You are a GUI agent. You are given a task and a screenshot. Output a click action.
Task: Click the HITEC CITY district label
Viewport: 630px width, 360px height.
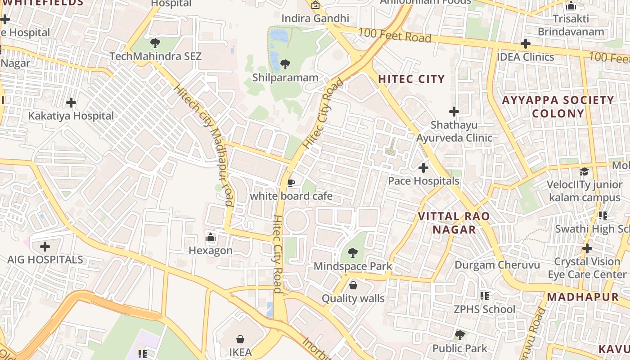(411, 79)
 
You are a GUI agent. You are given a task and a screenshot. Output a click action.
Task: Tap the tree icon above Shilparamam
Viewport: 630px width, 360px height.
(285, 64)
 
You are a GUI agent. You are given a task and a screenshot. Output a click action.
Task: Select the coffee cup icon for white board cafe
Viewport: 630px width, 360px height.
(291, 183)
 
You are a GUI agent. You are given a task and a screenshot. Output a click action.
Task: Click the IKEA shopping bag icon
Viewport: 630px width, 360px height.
(240, 339)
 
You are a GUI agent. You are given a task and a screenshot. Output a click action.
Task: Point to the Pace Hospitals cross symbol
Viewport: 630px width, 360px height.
(423, 168)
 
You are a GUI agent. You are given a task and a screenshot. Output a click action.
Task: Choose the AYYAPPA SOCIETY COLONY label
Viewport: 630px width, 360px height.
(558, 107)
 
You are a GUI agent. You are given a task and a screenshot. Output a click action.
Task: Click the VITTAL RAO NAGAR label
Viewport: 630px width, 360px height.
(454, 223)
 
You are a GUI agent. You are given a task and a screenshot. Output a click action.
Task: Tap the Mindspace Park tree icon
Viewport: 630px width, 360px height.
(353, 253)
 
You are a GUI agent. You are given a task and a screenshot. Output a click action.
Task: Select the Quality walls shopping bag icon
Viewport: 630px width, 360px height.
(353, 285)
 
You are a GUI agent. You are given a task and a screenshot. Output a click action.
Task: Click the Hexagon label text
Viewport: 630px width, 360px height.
(210, 251)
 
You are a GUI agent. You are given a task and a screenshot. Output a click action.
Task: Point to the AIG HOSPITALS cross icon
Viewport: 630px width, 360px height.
(45, 247)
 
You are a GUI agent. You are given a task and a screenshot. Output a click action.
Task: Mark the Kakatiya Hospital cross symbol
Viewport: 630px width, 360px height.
(71, 103)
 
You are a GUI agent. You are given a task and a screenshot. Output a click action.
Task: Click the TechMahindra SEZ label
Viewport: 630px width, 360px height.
(155, 57)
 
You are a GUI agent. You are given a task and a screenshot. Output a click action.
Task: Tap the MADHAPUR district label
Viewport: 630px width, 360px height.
(583, 297)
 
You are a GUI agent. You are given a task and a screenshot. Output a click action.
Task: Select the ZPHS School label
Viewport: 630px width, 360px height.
(484, 310)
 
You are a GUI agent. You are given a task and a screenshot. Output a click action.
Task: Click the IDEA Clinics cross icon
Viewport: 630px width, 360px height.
(525, 44)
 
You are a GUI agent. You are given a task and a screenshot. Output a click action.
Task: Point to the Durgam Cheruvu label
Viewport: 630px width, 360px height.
(497, 265)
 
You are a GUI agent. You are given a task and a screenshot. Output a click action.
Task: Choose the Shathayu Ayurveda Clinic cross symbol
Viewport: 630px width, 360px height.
(454, 111)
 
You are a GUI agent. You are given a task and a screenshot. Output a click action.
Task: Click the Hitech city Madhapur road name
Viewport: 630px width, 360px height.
(205, 144)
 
